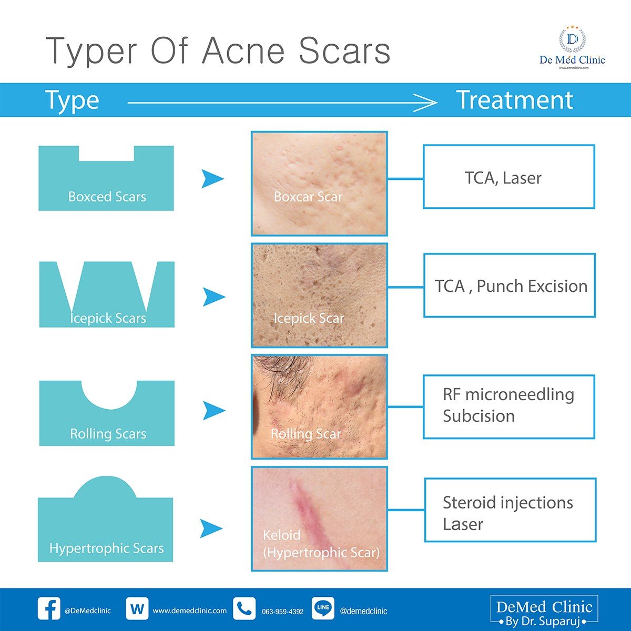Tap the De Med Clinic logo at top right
(572, 47)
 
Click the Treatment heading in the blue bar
(514, 100)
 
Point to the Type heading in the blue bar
(72, 100)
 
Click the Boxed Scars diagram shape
(106, 181)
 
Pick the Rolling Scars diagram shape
(107, 415)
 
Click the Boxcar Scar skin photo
(319, 183)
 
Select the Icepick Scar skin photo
(319, 295)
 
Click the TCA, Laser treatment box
(508, 177)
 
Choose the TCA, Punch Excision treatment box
(509, 286)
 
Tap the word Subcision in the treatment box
(479, 416)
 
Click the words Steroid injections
(507, 503)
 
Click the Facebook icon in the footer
(49, 609)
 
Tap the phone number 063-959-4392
(282, 612)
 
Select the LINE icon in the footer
(323, 608)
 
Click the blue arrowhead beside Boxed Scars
(212, 179)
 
